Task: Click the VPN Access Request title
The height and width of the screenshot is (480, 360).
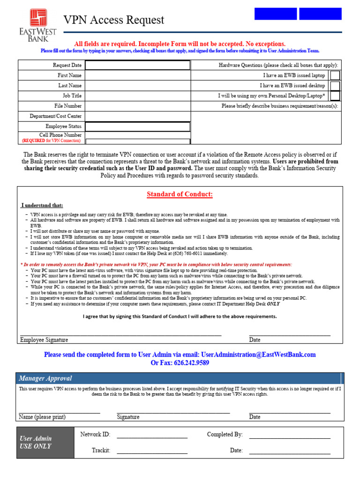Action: click(x=114, y=20)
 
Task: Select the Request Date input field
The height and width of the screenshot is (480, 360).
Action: click(x=137, y=65)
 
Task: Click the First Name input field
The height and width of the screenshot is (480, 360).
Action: click(x=137, y=75)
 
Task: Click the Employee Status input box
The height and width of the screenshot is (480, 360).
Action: click(x=137, y=127)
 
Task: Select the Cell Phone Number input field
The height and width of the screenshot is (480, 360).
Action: click(x=137, y=141)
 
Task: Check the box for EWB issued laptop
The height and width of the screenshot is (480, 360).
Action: click(x=335, y=75)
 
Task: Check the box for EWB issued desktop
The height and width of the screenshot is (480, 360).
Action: click(x=335, y=86)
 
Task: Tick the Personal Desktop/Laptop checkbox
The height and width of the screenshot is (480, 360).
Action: click(x=335, y=96)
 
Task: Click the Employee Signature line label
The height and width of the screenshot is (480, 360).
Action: click(x=44, y=340)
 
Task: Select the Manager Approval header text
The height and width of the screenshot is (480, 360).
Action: click(x=45, y=378)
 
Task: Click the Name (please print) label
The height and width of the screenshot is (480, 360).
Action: click(x=42, y=417)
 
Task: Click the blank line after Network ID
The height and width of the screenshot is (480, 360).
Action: click(x=152, y=436)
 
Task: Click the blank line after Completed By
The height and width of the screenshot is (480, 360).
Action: click(x=289, y=436)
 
